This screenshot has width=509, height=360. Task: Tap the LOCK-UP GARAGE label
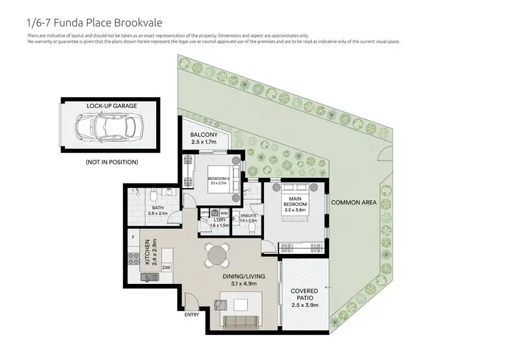[111, 107]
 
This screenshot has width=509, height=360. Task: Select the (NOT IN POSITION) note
[111, 162]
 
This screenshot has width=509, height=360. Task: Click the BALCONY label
[204, 134]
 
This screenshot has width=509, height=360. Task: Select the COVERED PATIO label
[304, 294]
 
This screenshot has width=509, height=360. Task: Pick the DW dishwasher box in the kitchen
[166, 268]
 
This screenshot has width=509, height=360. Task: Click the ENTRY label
[193, 314]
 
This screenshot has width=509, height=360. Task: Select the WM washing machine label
[225, 213]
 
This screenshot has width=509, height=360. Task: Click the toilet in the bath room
[153, 193]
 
